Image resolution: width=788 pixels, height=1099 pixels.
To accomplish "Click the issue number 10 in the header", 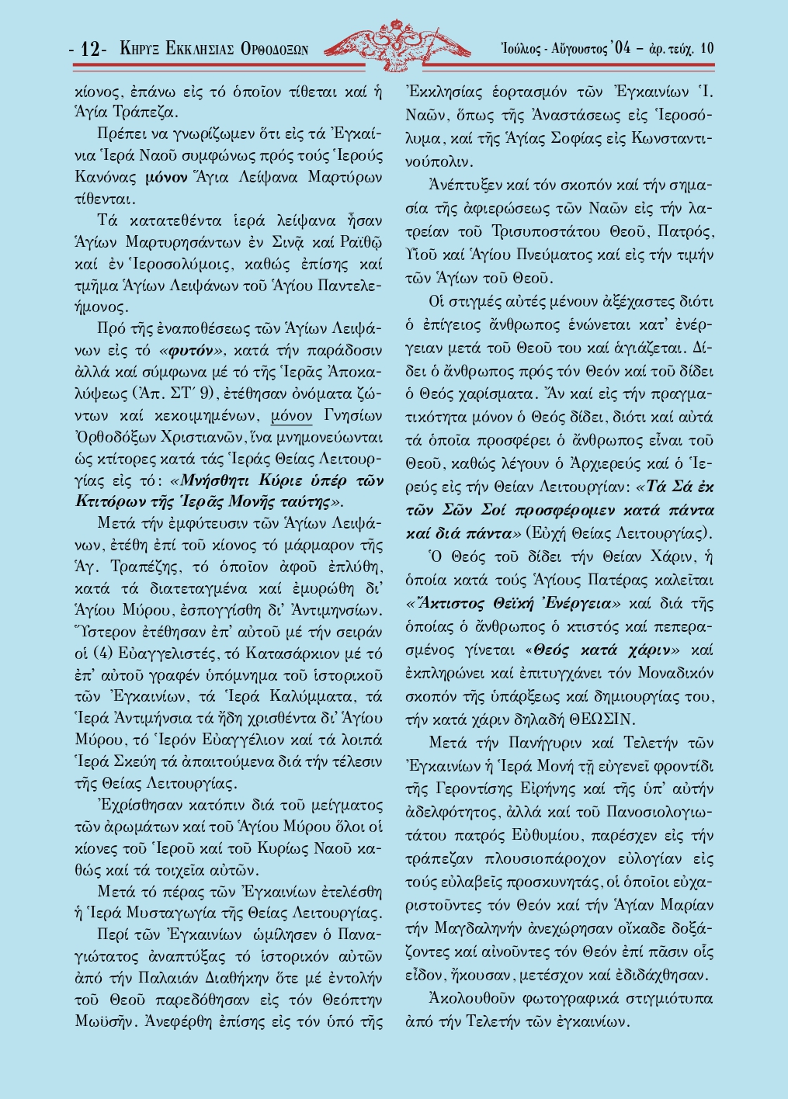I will [x=706, y=48].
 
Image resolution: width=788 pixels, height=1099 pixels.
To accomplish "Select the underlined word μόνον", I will [x=292, y=416].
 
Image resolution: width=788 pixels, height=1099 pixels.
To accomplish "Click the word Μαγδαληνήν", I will [x=483, y=928].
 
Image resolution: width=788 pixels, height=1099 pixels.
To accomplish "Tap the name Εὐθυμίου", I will [x=541, y=836].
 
